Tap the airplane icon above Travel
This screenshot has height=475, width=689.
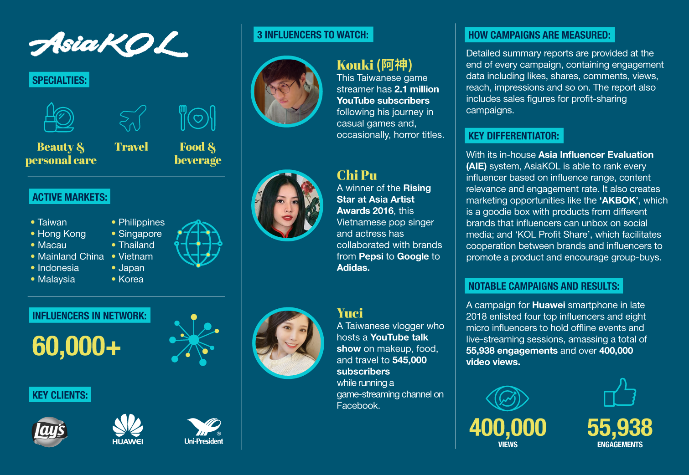pos(133,117)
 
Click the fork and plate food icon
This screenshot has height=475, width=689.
pos(197,118)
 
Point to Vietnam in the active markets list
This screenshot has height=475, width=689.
pos(135,256)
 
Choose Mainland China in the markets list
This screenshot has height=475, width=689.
pos(71,256)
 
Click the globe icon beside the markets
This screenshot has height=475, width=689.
pos(198,244)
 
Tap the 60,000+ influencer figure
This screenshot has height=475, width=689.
pos(76,346)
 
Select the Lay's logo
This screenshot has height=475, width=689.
pos(50,431)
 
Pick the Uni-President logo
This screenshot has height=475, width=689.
pos(204,431)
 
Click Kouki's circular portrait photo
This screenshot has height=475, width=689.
pos(287,92)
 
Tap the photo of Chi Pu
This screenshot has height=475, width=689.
pos(287,205)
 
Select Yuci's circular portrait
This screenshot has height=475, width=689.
pos(288,343)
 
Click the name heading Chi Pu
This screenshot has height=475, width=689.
pos(357,175)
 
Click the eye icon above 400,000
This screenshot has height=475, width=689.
pos(507,398)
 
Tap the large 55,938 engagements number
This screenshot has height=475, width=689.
pos(620,428)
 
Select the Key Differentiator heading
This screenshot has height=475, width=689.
pos(513,136)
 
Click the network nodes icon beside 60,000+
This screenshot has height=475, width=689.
pos(194,340)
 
